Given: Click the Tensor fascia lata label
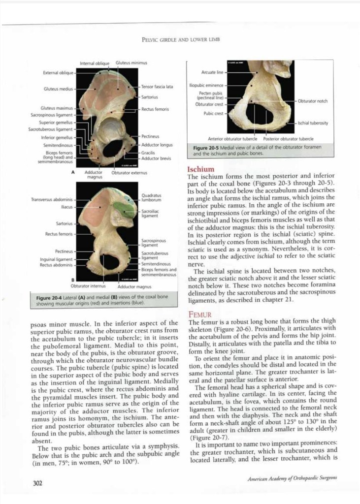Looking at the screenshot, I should pos(157,87).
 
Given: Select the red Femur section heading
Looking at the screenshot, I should pos(199,314).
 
